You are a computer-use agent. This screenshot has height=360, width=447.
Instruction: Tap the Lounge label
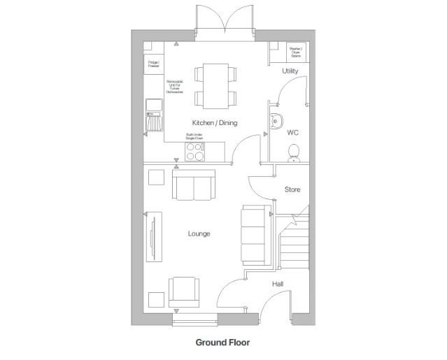199,233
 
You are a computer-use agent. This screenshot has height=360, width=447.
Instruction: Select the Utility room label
290,72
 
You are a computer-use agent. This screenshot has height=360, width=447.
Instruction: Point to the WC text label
292,131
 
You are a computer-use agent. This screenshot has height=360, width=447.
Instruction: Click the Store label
292,189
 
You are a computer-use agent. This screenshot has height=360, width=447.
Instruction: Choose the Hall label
278,284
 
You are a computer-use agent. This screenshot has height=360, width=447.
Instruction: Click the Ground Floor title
222,343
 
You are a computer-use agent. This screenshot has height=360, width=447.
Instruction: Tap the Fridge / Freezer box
153,65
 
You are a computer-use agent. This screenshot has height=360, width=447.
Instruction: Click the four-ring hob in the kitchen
194,149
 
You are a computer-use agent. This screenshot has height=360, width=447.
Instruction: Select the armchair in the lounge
184,291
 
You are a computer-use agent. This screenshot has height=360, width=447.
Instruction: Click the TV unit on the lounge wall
152,237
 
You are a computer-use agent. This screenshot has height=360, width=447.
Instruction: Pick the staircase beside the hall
294,245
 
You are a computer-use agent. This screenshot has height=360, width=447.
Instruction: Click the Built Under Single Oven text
194,137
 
